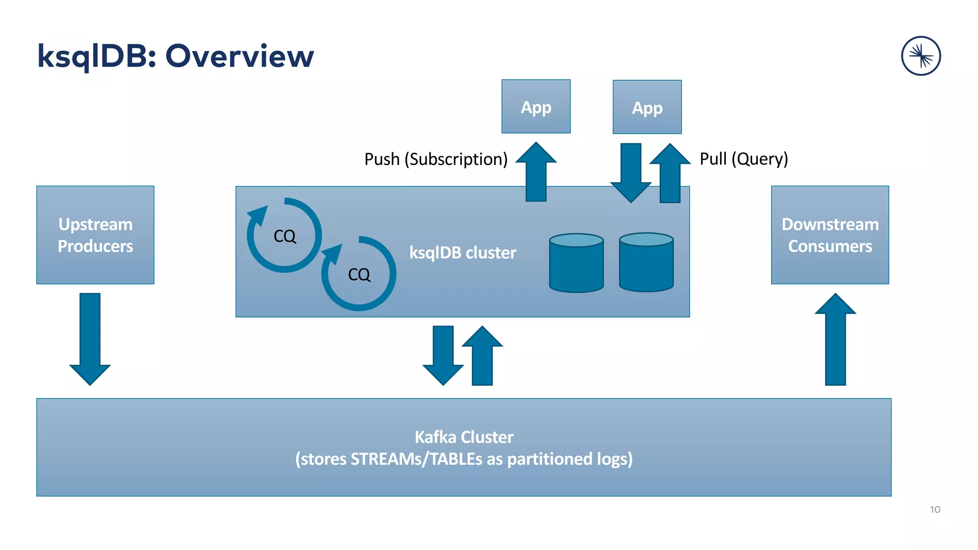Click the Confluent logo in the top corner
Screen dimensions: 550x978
pos(921,56)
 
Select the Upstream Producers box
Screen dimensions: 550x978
pos(95,235)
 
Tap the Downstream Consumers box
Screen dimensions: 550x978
pos(830,235)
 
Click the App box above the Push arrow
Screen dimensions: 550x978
pos(536,106)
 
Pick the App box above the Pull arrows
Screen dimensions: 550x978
pos(647,107)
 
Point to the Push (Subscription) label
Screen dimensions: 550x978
pos(436,159)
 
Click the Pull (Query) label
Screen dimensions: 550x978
pos(744,159)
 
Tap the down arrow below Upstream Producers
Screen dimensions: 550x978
pos(90,339)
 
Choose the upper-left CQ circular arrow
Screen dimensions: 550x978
pos(285,235)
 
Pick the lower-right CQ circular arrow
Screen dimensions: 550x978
pos(359,274)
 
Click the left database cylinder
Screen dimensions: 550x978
pos(576,263)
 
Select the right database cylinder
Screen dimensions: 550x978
pos(646,262)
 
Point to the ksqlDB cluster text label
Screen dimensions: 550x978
pos(462,253)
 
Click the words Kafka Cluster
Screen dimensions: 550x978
pos(464,437)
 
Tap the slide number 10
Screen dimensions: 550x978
pos(935,509)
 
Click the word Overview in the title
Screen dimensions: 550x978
pos(239,56)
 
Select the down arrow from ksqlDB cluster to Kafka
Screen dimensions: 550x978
pos(443,356)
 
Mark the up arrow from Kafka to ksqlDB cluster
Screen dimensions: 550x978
pos(482,356)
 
